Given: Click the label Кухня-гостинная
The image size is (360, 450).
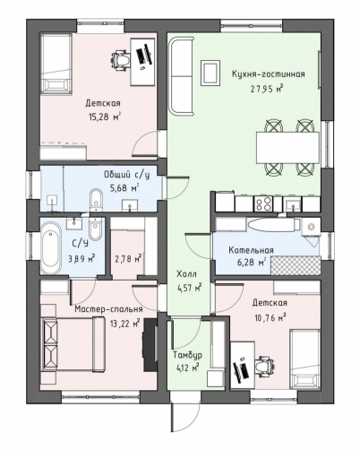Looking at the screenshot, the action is (x=269, y=74).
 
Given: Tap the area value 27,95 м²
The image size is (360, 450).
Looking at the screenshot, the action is (x=267, y=89).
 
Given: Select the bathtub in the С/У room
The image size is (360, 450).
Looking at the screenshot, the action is (x=51, y=247).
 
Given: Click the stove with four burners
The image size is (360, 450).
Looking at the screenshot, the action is (x=263, y=204).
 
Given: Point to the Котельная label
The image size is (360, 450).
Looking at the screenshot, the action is (x=251, y=250).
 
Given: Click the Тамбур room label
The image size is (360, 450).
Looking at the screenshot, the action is (x=187, y=355).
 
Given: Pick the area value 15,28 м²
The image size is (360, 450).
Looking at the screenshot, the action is (x=103, y=117).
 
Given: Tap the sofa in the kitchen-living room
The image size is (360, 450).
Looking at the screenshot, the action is (x=181, y=75).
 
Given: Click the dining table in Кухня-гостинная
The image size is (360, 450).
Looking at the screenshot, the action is (x=287, y=148).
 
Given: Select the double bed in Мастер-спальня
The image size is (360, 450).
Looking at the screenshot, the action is (x=74, y=344).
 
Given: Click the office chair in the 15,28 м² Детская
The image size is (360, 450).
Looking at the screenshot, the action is (x=122, y=61).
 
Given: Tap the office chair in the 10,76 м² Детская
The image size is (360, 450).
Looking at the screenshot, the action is (x=265, y=366).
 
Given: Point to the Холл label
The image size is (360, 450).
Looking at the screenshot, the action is (x=186, y=273).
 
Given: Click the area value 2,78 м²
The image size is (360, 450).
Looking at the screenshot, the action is (x=128, y=258).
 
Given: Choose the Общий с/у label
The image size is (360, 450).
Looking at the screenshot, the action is (x=126, y=175).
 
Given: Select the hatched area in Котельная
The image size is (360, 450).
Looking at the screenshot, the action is (x=296, y=264).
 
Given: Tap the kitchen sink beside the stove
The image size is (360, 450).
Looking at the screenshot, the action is (x=293, y=204).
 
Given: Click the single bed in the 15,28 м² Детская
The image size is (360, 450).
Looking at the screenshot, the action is (x=56, y=64).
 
